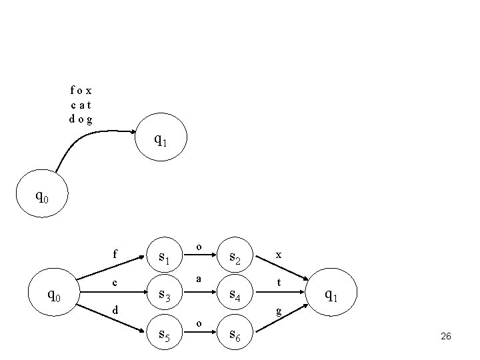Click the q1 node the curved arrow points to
(161, 141)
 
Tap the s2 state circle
(235, 257)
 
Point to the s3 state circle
(166, 294)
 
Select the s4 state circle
(235, 294)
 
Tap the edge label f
(115, 254)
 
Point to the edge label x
(279, 255)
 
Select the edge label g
(279, 311)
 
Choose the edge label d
(115, 310)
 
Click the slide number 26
(446, 337)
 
